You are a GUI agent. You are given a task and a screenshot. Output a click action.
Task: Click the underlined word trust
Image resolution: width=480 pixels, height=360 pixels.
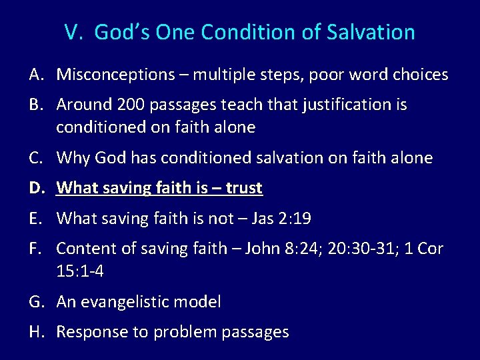(243, 188)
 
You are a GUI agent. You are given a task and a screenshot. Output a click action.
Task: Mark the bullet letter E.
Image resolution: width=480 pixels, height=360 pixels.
(36, 218)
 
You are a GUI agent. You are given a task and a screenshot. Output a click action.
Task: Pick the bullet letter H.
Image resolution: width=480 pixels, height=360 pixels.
(37, 332)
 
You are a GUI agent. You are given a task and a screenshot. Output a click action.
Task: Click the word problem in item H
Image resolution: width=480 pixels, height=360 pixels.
(181, 332)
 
